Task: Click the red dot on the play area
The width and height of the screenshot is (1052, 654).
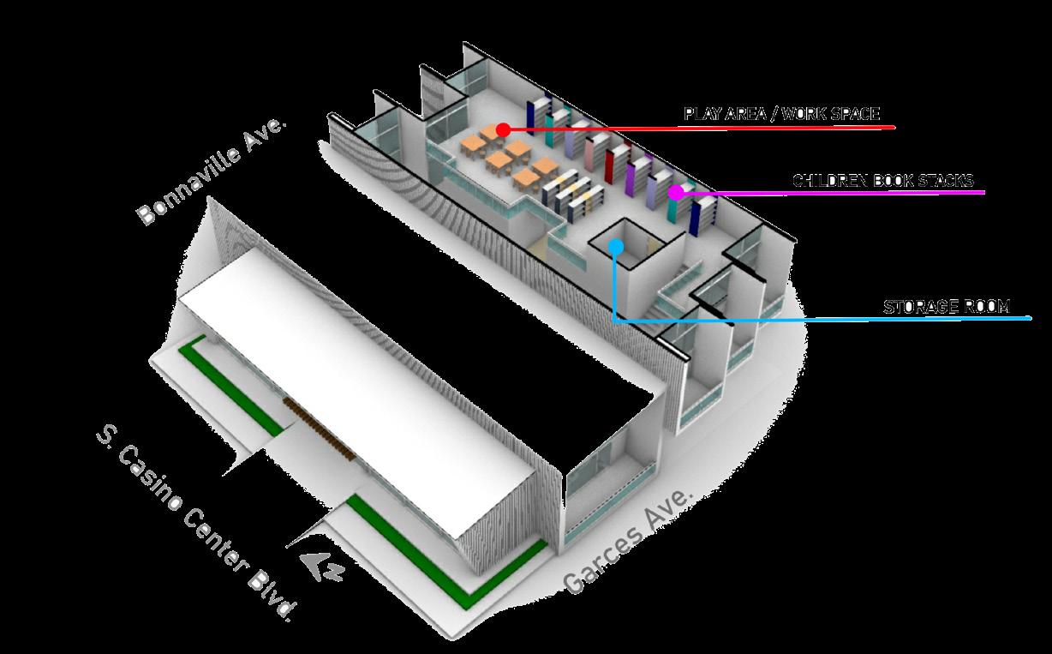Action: pos(503,129)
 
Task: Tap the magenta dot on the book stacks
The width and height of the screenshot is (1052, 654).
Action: pos(675,192)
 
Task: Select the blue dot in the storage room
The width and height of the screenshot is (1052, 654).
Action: pos(616,247)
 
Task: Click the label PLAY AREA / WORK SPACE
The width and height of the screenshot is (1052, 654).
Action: pos(781,113)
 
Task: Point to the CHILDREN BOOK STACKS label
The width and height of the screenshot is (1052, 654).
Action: pos(882,181)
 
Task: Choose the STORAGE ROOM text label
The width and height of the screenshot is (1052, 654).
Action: pos(947,306)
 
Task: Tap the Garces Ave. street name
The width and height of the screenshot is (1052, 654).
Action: pos(628,540)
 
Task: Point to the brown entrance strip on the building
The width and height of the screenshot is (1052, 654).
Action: pos(318,428)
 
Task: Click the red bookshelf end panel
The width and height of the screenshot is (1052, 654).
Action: pos(610,165)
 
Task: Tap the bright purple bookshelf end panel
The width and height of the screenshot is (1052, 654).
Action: pos(631,177)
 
